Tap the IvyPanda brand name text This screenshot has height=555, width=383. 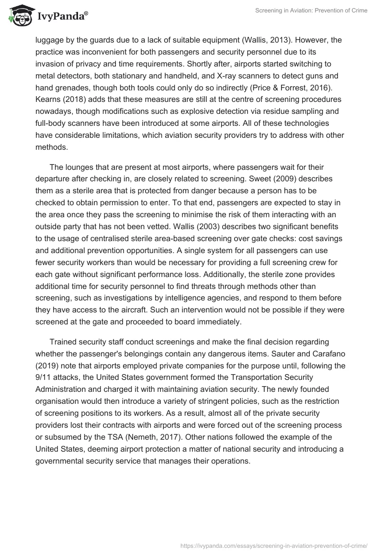pos(61,17)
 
